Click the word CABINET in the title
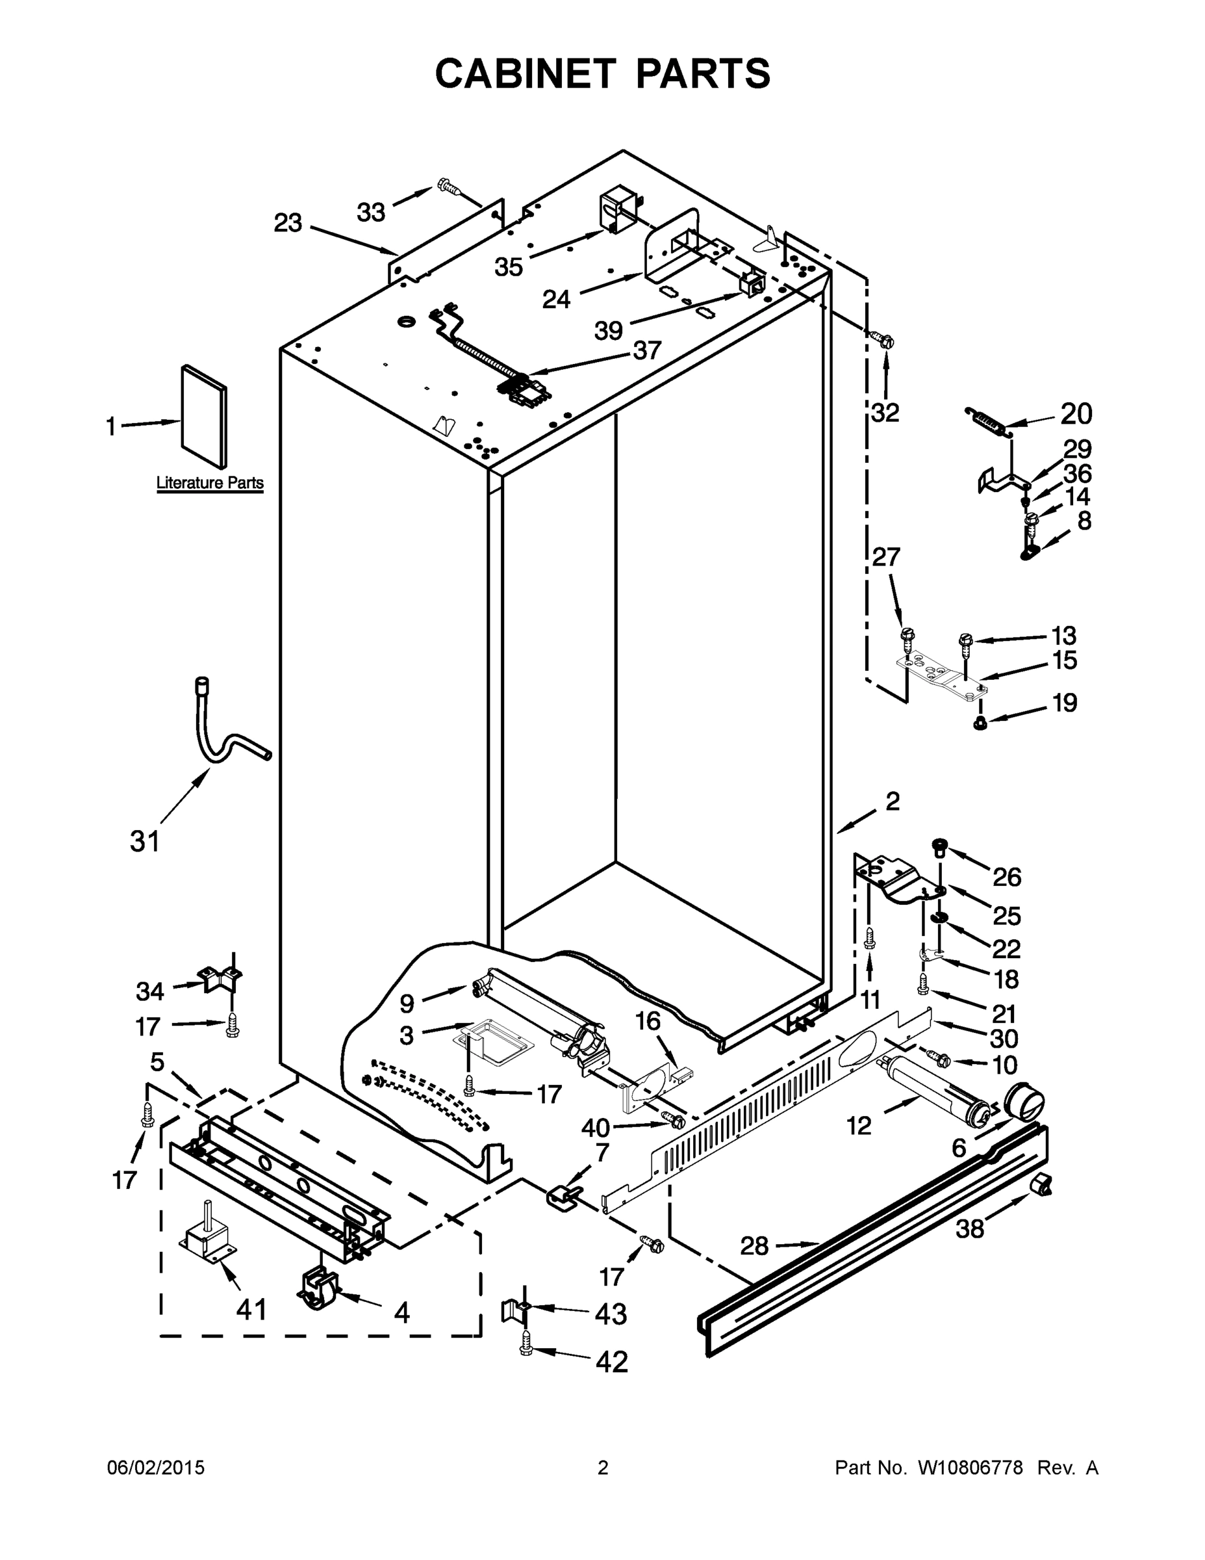point(526,73)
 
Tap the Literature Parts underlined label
point(210,483)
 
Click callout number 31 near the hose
point(145,842)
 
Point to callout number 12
point(859,1126)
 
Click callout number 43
point(611,1314)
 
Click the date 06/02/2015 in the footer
point(156,1467)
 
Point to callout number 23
point(288,223)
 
